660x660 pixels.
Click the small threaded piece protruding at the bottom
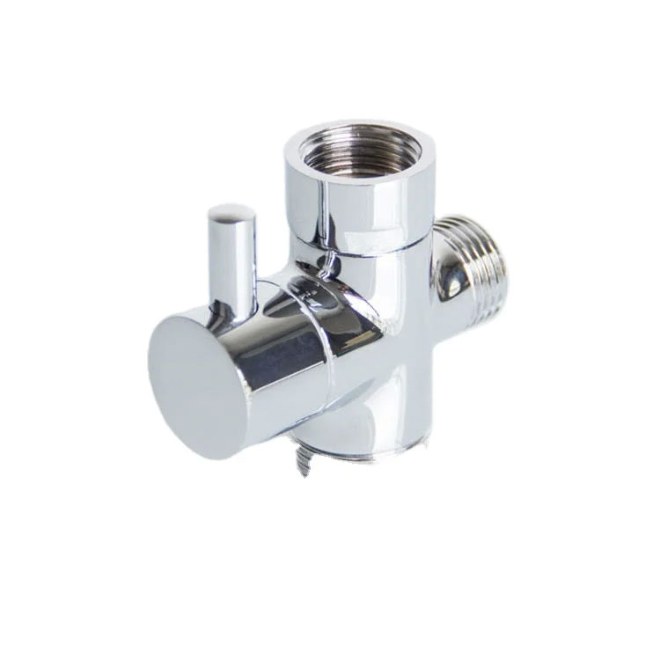303,462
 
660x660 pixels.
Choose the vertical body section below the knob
370,414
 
